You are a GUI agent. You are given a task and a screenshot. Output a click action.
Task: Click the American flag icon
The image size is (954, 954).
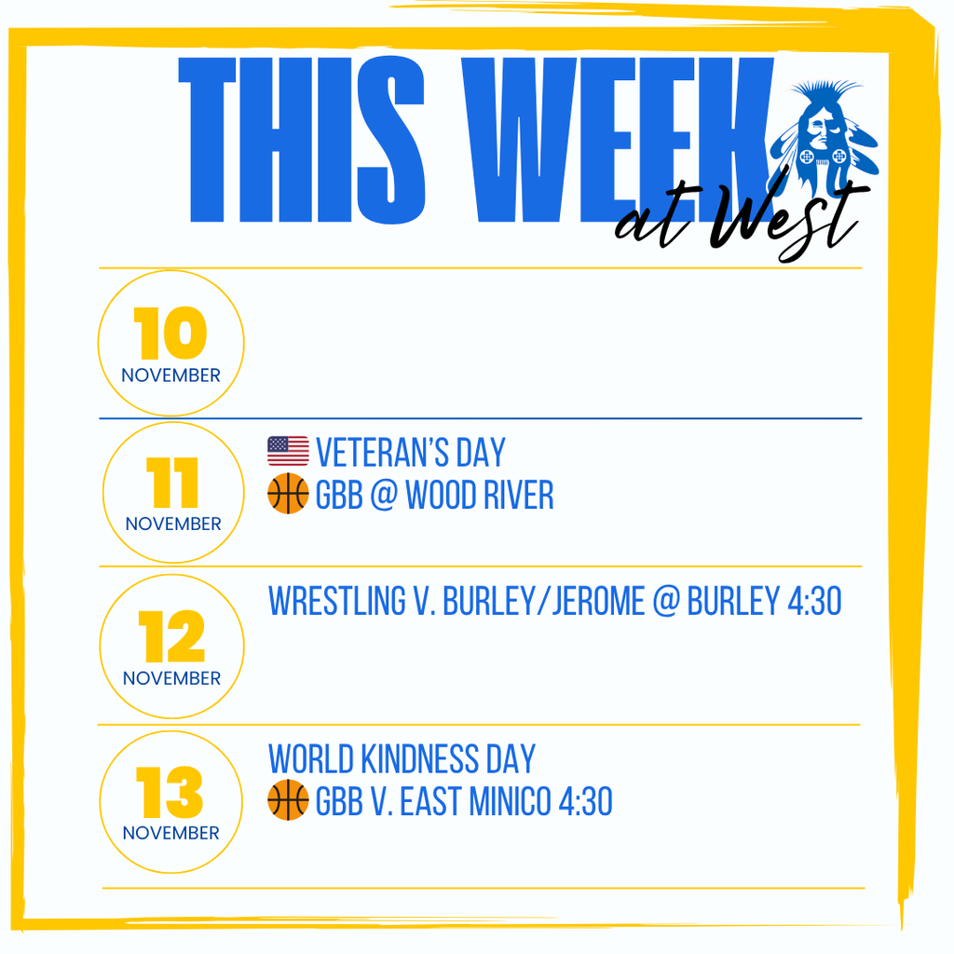tap(288, 452)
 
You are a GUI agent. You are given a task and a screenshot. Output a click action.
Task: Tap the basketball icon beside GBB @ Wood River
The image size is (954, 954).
tap(288, 495)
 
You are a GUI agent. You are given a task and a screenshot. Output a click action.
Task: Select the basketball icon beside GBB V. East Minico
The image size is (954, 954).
tap(288, 800)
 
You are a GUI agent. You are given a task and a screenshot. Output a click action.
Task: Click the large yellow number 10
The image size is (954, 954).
tap(170, 334)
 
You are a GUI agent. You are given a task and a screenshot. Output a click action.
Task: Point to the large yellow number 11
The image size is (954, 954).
tap(173, 483)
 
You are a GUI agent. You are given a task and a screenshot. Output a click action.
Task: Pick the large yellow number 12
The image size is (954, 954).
tap(172, 637)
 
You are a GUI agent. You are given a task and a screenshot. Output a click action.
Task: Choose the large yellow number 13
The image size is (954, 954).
tap(170, 792)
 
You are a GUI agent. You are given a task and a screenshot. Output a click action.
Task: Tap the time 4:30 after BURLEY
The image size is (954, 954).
tap(813, 602)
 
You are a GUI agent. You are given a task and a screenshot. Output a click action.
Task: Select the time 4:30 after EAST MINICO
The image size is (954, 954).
tap(584, 801)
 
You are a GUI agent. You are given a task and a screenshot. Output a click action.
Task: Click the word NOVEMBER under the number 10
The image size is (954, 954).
tap(171, 375)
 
